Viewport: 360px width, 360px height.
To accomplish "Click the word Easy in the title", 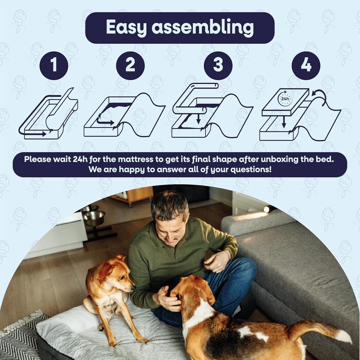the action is pos(126,28).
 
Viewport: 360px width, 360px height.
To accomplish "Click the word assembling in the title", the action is pos(203,27).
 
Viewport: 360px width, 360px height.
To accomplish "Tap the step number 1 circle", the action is pos(53,65).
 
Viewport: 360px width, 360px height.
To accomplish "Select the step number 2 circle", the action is pos(130,65).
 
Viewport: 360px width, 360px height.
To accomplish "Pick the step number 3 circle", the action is pos(218,65).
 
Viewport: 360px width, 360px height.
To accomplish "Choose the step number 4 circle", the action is pos(306,65).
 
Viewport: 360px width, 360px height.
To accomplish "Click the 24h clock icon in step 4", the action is pos(285,99).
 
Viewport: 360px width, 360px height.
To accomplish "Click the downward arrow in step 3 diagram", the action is pos(199,118).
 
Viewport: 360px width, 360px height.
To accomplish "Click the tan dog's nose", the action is pos(133,287).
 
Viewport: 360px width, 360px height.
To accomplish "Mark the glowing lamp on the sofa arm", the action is pos(266,209).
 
